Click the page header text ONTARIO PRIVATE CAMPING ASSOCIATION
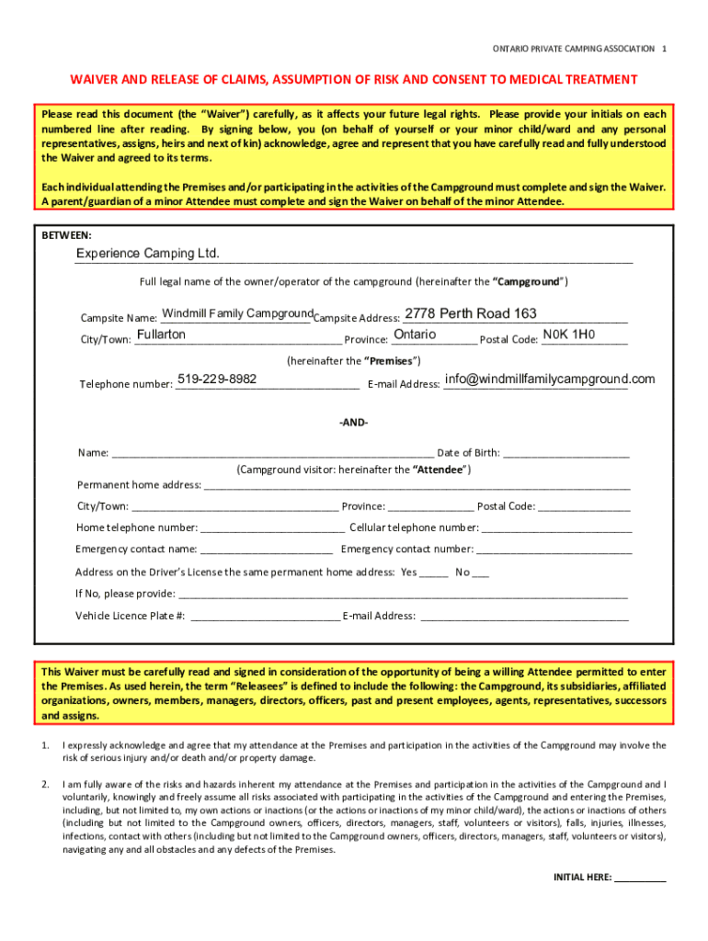[574, 48]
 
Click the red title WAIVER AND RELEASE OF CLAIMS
[354, 80]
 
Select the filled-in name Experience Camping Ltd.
[147, 254]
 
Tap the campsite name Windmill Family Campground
[237, 314]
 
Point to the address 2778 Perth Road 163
[471, 314]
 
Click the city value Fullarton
[161, 334]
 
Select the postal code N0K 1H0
[569, 334]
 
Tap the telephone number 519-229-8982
[217, 380]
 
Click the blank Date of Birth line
[566, 453]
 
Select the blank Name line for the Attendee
[272, 453]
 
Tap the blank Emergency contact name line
[267, 550]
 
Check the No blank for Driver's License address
[480, 573]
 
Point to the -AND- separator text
[354, 422]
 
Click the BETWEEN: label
[66, 235]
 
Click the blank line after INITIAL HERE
[640, 878]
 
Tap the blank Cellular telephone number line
[557, 528]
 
